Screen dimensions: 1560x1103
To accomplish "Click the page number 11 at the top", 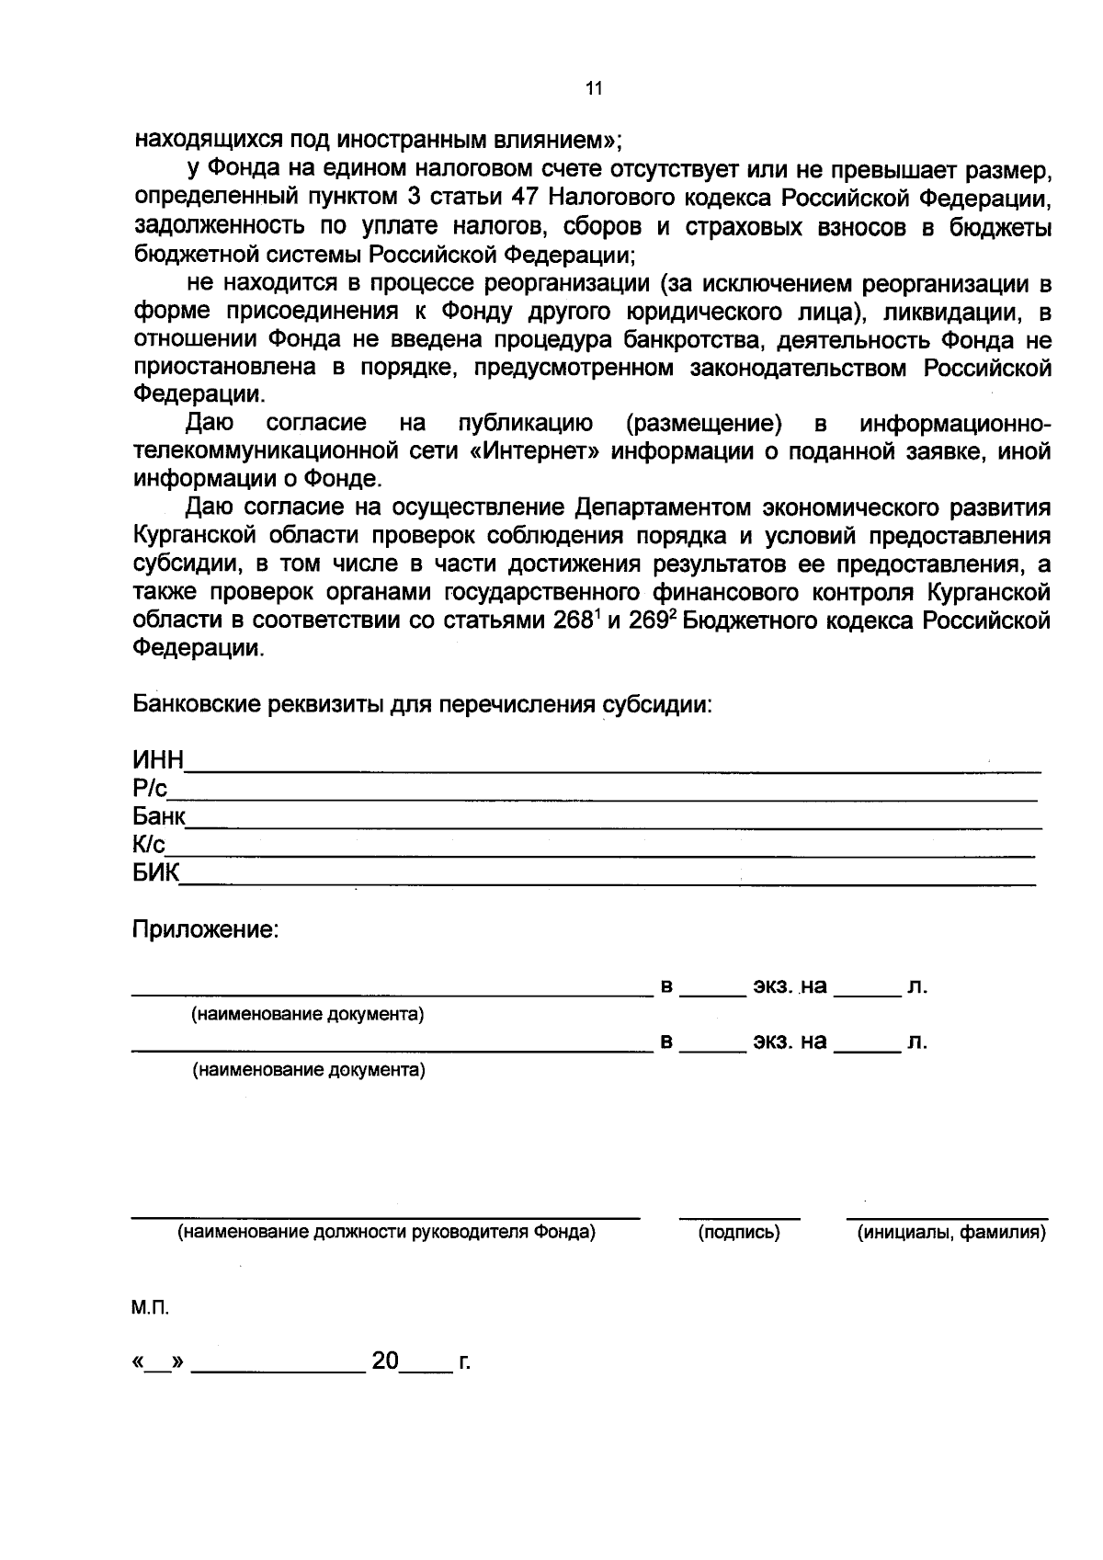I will (x=593, y=89).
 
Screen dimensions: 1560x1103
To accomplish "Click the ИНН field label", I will (x=158, y=760).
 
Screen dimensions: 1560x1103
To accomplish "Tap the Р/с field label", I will (x=149, y=789).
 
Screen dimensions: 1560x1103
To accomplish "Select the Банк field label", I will (x=159, y=816).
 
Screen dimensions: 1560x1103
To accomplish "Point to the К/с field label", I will (x=148, y=844).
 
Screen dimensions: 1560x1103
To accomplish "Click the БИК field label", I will (x=155, y=872).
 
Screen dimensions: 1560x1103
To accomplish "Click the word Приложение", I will (x=205, y=929).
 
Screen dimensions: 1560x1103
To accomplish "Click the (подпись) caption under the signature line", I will (x=739, y=1233).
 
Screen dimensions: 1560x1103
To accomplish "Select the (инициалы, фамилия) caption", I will (x=951, y=1233).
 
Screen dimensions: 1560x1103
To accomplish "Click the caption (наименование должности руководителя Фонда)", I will (x=386, y=1233).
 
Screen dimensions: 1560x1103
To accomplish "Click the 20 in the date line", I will (x=384, y=1361).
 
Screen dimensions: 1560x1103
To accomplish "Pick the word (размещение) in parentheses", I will (x=704, y=424).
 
